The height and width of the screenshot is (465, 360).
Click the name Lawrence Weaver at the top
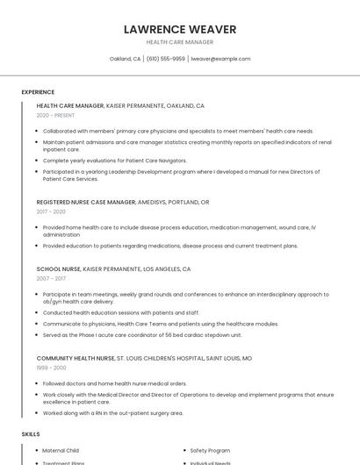pos(179,29)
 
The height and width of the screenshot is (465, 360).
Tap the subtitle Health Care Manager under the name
pos(179,42)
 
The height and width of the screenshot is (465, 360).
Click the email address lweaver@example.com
pos(220,59)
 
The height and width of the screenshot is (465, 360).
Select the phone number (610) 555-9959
pos(166,59)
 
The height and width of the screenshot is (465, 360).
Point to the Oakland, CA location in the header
pos(125,59)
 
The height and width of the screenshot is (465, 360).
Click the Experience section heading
pos(38,92)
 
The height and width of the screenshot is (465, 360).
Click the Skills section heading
pos(31,434)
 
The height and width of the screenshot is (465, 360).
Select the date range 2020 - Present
pos(55,115)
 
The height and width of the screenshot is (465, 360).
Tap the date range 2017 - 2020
pos(51,211)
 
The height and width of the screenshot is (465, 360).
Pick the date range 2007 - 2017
pos(51,278)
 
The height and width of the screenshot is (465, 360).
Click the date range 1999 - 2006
pos(51,368)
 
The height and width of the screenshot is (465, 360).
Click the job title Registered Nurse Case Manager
pos(86,202)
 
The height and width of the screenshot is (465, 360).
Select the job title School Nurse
pos(58,268)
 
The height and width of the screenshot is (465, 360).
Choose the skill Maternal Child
pos(61,450)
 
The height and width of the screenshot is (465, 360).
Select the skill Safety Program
pos(211,450)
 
